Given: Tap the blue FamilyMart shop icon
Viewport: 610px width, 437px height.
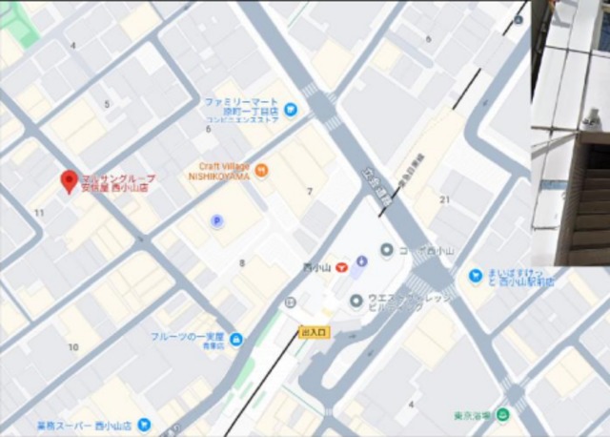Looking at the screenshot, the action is (290, 109).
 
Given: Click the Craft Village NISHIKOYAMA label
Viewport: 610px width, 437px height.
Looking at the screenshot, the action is (218, 170).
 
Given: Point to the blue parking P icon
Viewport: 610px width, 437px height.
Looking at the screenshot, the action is (216, 221).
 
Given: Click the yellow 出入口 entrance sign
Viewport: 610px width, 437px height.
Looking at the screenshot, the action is (313, 331).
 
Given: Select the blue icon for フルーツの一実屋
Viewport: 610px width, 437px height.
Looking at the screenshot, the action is (235, 338).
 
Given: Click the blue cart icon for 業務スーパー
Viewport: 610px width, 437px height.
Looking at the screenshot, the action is (143, 423).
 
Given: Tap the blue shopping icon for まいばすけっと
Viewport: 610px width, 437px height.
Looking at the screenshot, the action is (475, 277).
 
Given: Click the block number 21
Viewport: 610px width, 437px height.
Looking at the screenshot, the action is (445, 198).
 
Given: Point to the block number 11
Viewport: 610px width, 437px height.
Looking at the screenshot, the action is (39, 212).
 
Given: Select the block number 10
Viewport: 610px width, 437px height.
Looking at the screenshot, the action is (72, 346).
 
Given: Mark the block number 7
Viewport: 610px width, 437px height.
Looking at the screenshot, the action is (309, 192).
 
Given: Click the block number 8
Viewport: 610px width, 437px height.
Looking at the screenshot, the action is (241, 262).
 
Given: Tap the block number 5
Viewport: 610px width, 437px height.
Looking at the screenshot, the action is (107, 104).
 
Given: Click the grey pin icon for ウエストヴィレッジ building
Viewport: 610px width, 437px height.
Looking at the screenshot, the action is (356, 301).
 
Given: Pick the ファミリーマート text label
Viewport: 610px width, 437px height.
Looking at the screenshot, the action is (240, 102).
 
